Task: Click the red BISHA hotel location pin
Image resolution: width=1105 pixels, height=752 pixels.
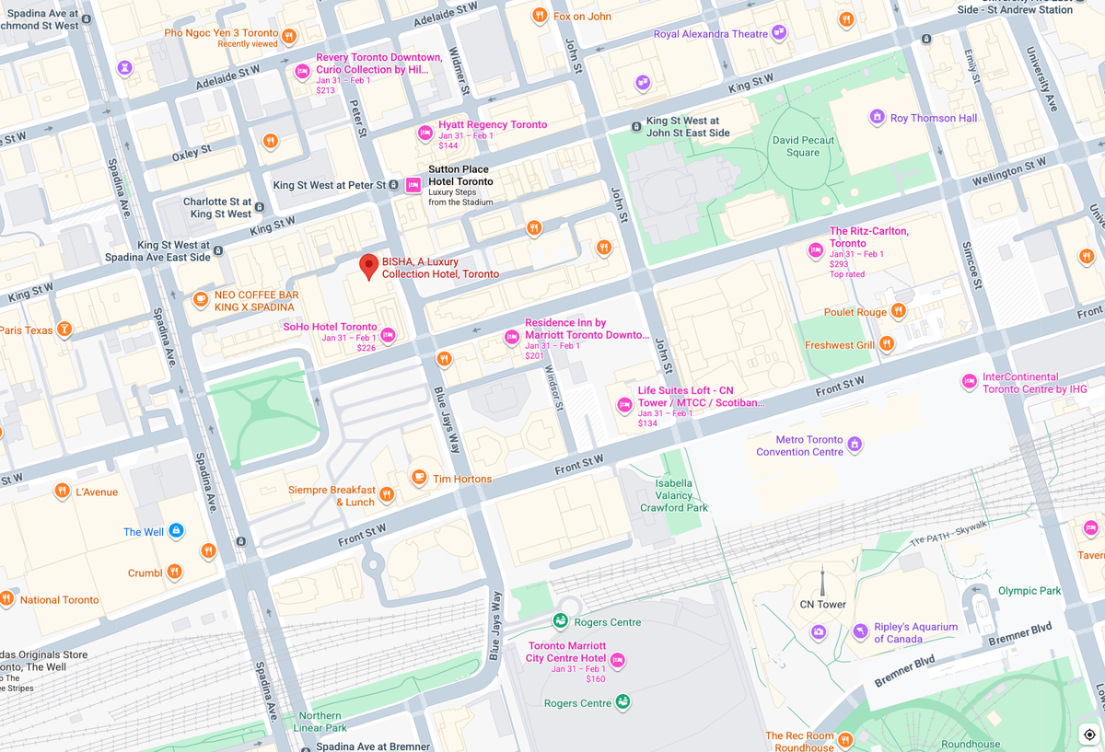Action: click(368, 266)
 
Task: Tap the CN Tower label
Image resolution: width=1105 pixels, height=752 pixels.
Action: click(822, 605)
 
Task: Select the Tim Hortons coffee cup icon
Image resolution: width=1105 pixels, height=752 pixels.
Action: click(419, 477)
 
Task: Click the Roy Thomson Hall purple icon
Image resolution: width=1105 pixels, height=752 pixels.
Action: click(877, 117)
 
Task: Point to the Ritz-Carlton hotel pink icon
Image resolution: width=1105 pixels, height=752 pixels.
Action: click(815, 250)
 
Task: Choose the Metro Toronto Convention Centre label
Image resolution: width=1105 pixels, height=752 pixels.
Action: click(799, 445)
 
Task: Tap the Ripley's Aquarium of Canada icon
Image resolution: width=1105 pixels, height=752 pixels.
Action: click(859, 631)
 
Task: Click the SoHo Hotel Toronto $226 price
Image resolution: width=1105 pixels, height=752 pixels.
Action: click(366, 348)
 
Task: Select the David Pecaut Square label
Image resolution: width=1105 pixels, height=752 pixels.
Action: click(803, 147)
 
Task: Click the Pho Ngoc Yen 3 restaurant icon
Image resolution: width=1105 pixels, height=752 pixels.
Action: click(289, 36)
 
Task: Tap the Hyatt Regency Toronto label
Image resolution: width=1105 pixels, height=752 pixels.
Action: click(493, 124)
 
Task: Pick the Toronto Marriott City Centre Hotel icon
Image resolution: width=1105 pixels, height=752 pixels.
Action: click(618, 660)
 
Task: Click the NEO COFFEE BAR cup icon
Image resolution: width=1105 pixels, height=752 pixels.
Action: click(201, 298)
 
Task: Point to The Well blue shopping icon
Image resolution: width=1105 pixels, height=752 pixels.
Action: click(177, 531)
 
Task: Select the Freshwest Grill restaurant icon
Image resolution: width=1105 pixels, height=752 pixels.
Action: click(887, 344)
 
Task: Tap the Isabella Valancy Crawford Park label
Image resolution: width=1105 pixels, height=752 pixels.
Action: click(674, 495)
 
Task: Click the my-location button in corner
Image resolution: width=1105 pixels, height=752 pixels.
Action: click(1089, 734)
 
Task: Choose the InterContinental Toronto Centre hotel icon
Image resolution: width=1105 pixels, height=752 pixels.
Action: click(969, 381)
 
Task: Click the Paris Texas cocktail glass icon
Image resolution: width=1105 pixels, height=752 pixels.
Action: click(64, 329)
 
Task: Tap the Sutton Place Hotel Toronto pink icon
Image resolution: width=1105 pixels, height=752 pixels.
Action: click(413, 184)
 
